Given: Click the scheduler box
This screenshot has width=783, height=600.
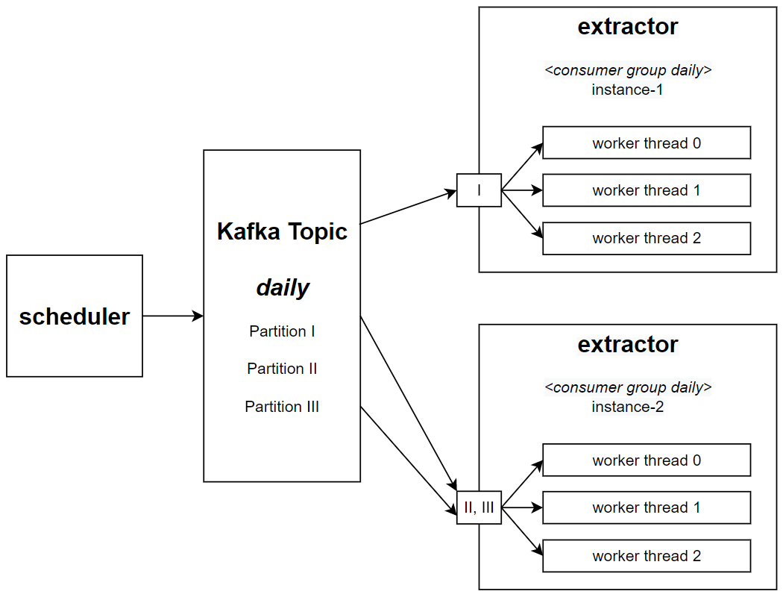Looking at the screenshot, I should (75, 316).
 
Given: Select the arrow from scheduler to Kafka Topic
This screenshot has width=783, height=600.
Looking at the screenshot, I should (172, 316).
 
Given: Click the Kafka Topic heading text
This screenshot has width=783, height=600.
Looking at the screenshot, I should (282, 231).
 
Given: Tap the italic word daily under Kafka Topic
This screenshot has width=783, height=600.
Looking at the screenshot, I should (282, 287).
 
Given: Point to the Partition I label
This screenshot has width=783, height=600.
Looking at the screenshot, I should (282, 331).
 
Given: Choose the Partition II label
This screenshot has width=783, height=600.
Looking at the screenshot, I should (282, 369).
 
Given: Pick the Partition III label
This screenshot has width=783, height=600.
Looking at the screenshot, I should (282, 407).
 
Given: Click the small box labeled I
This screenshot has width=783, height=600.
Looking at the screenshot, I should (479, 191).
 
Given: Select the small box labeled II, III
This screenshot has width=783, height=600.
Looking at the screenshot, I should (479, 507).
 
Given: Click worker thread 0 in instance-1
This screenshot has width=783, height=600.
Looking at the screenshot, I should (647, 143).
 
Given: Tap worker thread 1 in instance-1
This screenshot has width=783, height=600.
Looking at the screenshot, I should (647, 190).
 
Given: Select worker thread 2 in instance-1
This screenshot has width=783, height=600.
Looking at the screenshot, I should (647, 238).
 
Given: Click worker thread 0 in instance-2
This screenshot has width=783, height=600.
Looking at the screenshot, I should (647, 460).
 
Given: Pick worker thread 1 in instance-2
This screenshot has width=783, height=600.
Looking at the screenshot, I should (647, 507).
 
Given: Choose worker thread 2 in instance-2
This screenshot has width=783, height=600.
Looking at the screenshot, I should (647, 556).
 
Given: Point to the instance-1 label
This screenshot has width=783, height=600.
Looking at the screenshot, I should (628, 90).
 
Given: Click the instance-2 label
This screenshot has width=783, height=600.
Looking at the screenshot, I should (628, 407).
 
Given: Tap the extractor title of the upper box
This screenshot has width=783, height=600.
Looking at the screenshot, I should (628, 27).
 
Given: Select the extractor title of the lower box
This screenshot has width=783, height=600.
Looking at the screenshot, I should (628, 345).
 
